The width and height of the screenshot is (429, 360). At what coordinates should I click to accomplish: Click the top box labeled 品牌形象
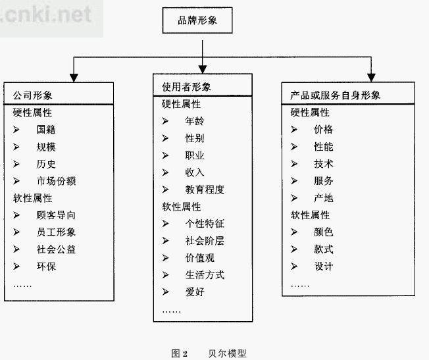(x=197, y=20)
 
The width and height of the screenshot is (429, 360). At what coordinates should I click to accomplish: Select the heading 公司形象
(x=32, y=95)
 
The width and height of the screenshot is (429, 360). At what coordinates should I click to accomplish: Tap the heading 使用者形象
(x=186, y=87)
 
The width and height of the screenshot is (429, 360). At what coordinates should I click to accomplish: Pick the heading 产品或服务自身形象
(x=335, y=95)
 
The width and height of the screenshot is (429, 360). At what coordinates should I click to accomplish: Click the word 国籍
(x=46, y=130)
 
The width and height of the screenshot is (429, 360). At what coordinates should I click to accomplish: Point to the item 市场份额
(x=56, y=181)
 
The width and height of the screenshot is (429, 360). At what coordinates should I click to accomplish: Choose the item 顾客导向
(x=56, y=215)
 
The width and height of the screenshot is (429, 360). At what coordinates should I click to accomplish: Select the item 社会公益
(x=56, y=249)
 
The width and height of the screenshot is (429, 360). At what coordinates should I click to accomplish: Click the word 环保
(x=46, y=266)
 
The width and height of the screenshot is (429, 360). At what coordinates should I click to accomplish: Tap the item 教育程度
(x=205, y=190)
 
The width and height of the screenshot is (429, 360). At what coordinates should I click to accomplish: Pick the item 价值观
(x=200, y=258)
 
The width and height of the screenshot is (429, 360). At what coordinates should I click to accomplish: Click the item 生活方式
(x=205, y=275)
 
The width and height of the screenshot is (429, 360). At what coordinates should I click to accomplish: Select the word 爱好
(x=195, y=292)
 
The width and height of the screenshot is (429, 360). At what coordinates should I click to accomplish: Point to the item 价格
(x=323, y=129)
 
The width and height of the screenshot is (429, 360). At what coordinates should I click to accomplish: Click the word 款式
(x=323, y=249)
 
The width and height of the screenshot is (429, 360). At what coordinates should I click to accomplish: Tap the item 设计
(x=323, y=266)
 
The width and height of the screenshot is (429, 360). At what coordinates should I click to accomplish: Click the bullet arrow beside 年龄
(x=165, y=120)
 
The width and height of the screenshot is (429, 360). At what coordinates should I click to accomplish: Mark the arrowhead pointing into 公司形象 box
(x=74, y=78)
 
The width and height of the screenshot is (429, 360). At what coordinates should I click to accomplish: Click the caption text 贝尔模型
(x=227, y=353)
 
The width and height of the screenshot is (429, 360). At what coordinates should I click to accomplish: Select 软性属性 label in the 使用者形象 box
(x=182, y=207)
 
